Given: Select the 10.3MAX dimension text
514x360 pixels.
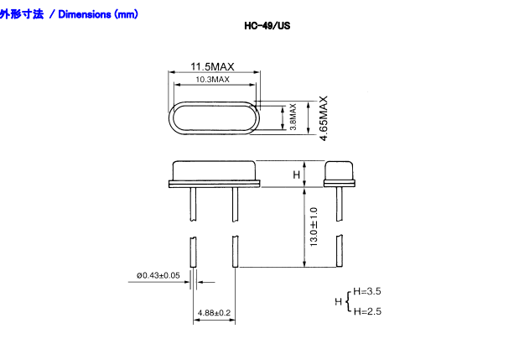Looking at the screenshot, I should pos(212,79).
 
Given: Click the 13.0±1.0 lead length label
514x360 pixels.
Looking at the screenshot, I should pos(314,226).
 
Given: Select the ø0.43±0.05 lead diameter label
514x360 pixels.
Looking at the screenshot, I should pos(158,275).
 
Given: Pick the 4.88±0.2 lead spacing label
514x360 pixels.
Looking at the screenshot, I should pos(214,313).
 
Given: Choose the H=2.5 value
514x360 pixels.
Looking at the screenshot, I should pos(367,311).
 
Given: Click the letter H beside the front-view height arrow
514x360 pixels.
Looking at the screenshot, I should pos(295,174).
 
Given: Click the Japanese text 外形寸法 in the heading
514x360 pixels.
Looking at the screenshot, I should pos(22,14).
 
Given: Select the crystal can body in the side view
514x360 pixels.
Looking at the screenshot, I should pos(339,171).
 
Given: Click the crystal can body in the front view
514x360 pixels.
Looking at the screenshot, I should pos(215,171).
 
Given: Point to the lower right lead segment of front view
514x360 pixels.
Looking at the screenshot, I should pos(236,252).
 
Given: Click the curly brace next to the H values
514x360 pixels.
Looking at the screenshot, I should pos(349,300).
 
